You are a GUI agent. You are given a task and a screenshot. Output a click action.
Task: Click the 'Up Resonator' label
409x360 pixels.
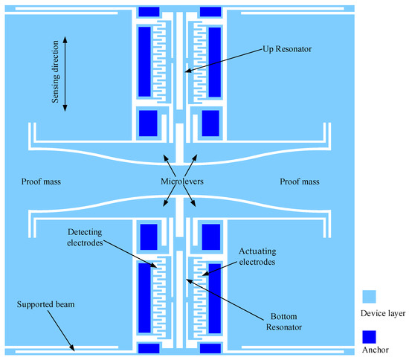[287, 49]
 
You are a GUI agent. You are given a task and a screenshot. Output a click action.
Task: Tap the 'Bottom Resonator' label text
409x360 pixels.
[284, 321]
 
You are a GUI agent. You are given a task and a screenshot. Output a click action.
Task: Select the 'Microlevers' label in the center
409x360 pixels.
[181, 181]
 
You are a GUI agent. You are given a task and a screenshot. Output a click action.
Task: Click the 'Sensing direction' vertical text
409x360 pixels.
[55, 71]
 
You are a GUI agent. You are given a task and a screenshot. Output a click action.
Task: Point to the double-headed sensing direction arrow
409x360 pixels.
[65, 74]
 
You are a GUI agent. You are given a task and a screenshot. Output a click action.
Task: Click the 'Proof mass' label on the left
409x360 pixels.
[41, 181]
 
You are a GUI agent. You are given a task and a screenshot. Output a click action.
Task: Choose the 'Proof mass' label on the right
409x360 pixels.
[300, 181]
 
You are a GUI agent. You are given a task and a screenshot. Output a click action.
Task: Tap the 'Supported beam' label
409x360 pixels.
[45, 304]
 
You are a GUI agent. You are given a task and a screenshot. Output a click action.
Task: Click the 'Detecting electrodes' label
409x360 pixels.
[85, 237]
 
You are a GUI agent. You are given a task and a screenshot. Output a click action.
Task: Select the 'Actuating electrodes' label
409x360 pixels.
[257, 257]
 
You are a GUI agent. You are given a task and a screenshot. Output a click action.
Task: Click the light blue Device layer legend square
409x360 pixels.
[369, 297]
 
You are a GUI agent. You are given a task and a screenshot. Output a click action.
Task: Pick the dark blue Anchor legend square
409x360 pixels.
[369, 337]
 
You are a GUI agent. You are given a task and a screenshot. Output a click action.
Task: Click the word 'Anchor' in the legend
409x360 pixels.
[376, 350]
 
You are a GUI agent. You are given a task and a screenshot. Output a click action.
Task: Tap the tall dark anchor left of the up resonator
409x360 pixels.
[144, 62]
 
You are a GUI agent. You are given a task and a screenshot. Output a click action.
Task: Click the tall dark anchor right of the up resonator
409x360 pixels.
[215, 62]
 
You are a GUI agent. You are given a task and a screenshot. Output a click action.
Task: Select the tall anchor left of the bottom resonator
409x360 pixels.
[144, 298]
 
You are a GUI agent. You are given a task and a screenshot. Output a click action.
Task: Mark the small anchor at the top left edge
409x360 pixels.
[149, 12]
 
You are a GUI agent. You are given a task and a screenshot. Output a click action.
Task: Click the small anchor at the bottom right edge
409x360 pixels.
[210, 348]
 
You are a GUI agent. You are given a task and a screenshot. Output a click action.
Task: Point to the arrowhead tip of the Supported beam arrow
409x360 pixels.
[74, 351]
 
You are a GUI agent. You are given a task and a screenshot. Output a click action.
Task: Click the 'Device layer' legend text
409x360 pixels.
[383, 313]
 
